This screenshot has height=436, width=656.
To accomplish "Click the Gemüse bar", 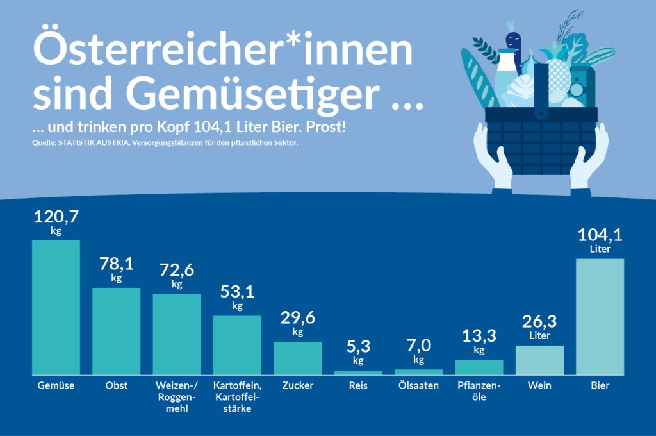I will [x=56, y=307].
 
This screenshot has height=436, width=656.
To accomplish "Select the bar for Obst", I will [x=116, y=331].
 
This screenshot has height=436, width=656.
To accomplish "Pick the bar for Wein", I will [x=539, y=360].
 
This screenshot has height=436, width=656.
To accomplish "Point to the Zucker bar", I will [x=298, y=358].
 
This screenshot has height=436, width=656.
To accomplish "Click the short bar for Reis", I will [x=358, y=373].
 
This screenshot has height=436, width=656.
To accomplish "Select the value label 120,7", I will [x=56, y=217].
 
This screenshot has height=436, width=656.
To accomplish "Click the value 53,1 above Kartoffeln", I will [x=237, y=292].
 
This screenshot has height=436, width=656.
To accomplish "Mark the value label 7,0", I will [x=418, y=346].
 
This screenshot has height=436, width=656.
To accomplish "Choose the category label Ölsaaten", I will [x=418, y=385].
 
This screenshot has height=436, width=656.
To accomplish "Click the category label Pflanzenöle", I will [x=479, y=391].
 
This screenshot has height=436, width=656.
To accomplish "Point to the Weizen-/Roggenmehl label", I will [x=177, y=397].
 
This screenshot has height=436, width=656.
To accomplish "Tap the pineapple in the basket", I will [x=553, y=80].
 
